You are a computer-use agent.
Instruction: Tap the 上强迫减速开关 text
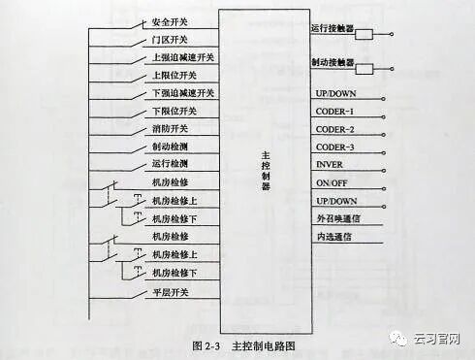(183, 57)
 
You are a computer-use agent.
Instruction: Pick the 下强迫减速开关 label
(183, 93)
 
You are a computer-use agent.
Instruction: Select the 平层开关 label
(171, 291)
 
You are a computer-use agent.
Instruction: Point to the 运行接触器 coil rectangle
(364, 34)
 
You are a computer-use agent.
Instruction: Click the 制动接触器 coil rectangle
(364, 69)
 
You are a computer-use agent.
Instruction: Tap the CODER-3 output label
(334, 147)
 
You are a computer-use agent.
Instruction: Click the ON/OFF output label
(331, 182)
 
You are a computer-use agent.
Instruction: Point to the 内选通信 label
(334, 236)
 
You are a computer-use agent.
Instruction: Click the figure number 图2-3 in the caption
(208, 344)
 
